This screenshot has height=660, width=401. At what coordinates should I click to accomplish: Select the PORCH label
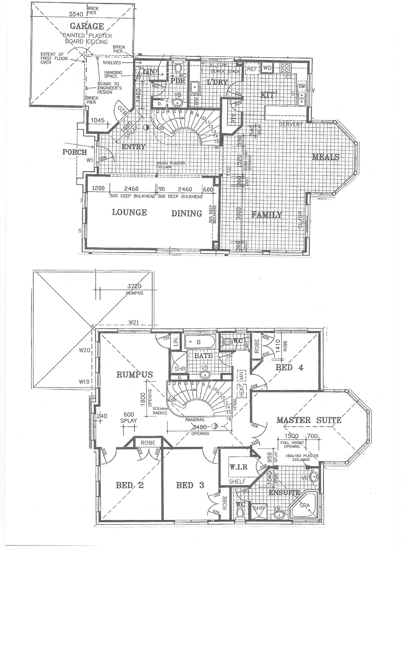click(x=75, y=152)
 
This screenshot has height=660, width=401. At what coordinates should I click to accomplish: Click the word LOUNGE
click(x=129, y=212)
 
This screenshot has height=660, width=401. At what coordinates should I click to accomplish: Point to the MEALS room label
click(x=326, y=157)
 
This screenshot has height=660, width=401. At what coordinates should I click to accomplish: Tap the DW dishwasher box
click(x=302, y=87)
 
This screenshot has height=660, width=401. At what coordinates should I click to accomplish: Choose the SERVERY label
click(x=290, y=124)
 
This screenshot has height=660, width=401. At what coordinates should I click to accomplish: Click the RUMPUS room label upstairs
click(x=134, y=374)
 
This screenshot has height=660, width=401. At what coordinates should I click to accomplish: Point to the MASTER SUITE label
click(x=309, y=420)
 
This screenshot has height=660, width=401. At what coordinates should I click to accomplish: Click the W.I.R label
click(x=239, y=467)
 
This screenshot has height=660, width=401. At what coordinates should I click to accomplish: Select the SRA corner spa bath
click(x=305, y=505)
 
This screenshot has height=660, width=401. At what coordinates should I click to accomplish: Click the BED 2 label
click(x=130, y=485)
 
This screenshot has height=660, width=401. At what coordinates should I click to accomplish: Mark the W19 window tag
click(x=84, y=381)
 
